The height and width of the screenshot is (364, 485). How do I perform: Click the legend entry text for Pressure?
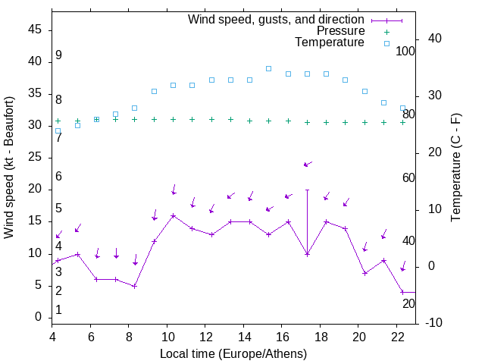point(341,31)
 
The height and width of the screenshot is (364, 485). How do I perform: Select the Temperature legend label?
point(330,43)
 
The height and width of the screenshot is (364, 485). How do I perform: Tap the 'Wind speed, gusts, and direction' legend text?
point(277,19)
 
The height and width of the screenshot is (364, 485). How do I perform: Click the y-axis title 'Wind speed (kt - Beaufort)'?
point(9,168)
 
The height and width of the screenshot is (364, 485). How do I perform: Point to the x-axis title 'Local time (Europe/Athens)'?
point(233,354)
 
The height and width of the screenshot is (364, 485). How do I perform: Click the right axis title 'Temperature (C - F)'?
point(455,168)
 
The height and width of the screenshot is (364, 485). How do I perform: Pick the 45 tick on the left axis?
point(36,30)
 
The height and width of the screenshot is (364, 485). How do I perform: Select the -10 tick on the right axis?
point(435,323)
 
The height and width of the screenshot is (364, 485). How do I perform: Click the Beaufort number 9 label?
point(58,56)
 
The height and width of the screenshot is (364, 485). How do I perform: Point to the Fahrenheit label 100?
point(406,52)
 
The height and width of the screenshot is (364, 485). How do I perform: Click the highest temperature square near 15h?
point(268,68)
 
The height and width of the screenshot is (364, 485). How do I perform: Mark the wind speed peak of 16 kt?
point(174,215)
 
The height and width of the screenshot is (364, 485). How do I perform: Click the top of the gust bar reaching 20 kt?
point(307,190)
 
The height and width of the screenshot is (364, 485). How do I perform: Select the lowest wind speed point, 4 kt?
point(403,292)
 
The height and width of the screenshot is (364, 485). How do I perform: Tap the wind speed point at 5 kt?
point(135,286)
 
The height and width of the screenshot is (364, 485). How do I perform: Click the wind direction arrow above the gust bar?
point(308,164)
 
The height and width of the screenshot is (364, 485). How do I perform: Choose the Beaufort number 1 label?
point(58,310)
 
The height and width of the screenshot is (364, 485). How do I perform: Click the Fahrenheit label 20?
point(408,303)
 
